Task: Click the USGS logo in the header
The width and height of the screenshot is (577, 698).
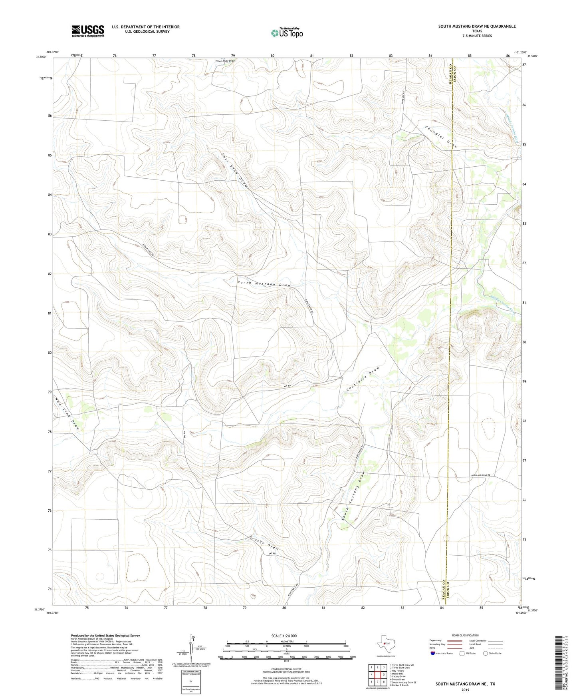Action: [88, 30]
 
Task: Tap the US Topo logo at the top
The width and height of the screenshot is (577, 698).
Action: [287, 33]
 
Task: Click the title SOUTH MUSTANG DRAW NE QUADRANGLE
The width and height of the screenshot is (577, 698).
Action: [477, 26]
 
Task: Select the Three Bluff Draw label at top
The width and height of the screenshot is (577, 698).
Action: [225, 61]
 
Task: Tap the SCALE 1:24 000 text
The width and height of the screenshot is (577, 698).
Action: [284, 636]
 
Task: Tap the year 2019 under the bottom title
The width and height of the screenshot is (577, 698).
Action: [465, 690]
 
